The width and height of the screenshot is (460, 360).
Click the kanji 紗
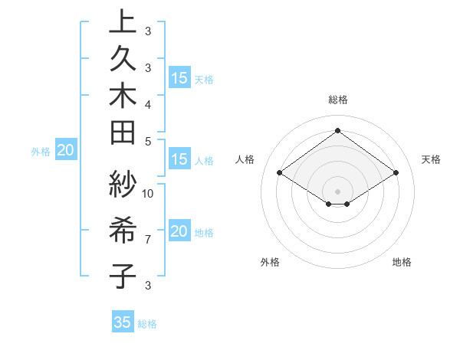point(123,185)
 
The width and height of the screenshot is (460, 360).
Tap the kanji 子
point(123,274)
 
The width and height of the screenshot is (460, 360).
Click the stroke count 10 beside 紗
point(149,193)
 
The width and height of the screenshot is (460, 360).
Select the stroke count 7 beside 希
point(148,239)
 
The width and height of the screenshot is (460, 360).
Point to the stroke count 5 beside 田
point(148,140)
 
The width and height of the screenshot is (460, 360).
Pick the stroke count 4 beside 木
point(148,103)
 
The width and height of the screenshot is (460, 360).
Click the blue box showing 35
point(123,322)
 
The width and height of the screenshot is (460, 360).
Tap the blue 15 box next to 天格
point(179,77)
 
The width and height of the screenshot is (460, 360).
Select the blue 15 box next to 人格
point(179,159)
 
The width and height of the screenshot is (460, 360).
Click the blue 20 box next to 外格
point(66,151)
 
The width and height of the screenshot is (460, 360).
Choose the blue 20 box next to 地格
point(179,231)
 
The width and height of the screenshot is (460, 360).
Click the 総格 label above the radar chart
point(337,100)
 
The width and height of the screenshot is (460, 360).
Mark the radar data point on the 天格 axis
point(396,173)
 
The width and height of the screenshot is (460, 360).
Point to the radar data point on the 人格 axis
point(280,173)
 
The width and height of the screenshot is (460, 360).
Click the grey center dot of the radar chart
point(337,191)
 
